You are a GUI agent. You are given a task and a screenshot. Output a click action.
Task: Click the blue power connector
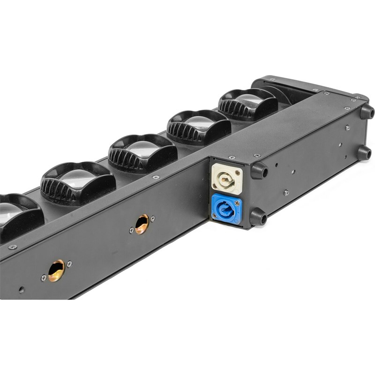point(227,208)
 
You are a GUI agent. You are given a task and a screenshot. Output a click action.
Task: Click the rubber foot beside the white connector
point(259,170)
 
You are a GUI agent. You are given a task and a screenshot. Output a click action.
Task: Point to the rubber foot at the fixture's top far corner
point(367,112)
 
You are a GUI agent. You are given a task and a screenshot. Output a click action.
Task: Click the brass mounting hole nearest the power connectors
point(142,224)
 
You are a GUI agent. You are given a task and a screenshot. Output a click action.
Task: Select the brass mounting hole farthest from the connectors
point(56,270)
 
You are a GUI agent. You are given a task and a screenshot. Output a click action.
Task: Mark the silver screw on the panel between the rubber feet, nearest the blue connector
point(286,192)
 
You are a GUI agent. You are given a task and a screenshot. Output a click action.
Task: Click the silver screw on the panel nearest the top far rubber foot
point(347,127)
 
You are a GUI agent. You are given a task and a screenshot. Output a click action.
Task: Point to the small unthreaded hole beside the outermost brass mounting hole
point(21,289)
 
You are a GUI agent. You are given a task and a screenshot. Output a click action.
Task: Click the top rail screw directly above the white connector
point(231,157)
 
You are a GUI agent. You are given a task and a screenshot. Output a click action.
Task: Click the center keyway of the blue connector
point(227,208)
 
